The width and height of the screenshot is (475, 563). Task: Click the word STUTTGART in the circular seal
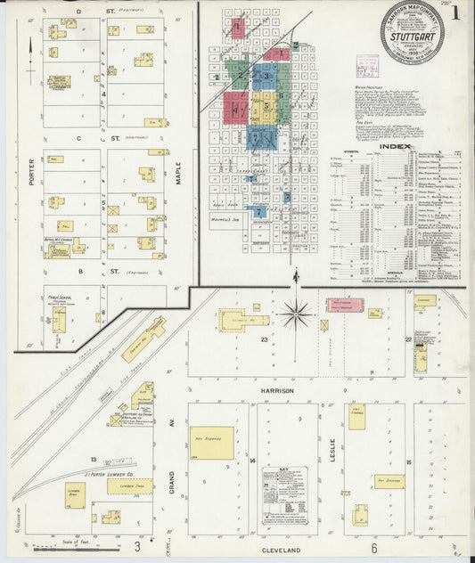click(412, 40)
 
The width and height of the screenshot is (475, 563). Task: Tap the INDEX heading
click(395, 146)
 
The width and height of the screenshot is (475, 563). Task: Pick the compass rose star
click(296, 313)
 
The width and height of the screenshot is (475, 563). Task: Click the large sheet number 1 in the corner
click(455, 13)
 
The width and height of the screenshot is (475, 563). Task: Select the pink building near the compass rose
click(345, 306)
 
